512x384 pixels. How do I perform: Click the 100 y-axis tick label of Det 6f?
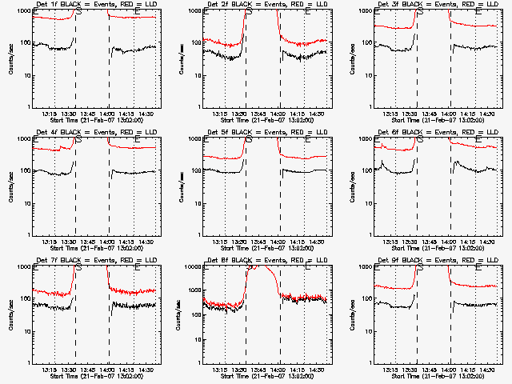tap(367, 171)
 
